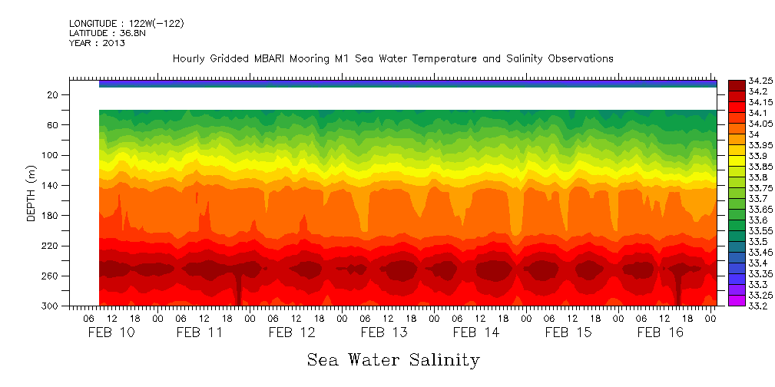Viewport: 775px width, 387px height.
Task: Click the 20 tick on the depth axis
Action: (53, 94)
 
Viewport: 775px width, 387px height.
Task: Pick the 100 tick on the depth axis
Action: (51, 155)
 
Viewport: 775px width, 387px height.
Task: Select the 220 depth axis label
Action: (51, 246)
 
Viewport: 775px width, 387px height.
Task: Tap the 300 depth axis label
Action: (51, 306)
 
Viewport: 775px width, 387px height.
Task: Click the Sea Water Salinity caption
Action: (393, 360)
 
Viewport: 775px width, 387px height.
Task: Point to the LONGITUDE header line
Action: (126, 24)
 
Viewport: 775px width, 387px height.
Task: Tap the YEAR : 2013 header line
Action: (97, 43)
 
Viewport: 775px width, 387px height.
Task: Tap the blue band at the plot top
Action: (408, 84)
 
